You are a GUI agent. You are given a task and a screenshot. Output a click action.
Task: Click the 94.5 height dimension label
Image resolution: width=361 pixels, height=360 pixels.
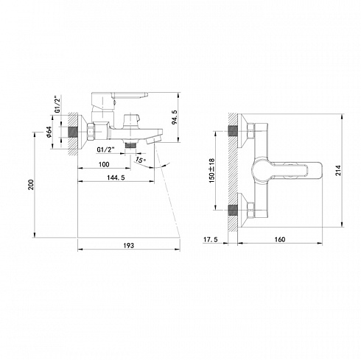point(175,117)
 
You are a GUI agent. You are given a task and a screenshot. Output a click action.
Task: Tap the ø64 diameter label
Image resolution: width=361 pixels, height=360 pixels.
point(49,132)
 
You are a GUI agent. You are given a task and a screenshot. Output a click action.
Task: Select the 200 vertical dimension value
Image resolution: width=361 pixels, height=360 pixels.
point(31,185)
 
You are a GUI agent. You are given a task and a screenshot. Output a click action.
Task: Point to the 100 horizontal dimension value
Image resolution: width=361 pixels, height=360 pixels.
point(104,164)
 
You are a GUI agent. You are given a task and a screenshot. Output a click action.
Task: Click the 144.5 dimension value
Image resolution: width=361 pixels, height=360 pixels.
point(116,177)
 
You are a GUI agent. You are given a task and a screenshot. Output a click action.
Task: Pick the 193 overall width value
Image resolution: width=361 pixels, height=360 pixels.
point(129,245)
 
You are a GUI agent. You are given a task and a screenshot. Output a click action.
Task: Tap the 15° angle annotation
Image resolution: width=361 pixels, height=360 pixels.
point(141,160)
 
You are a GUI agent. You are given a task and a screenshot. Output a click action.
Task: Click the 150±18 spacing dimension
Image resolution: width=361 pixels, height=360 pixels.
point(211,170)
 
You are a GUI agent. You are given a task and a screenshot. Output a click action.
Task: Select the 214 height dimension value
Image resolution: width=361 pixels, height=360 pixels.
point(338,170)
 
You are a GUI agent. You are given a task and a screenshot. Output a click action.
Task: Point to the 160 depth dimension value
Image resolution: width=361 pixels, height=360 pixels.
point(280,239)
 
